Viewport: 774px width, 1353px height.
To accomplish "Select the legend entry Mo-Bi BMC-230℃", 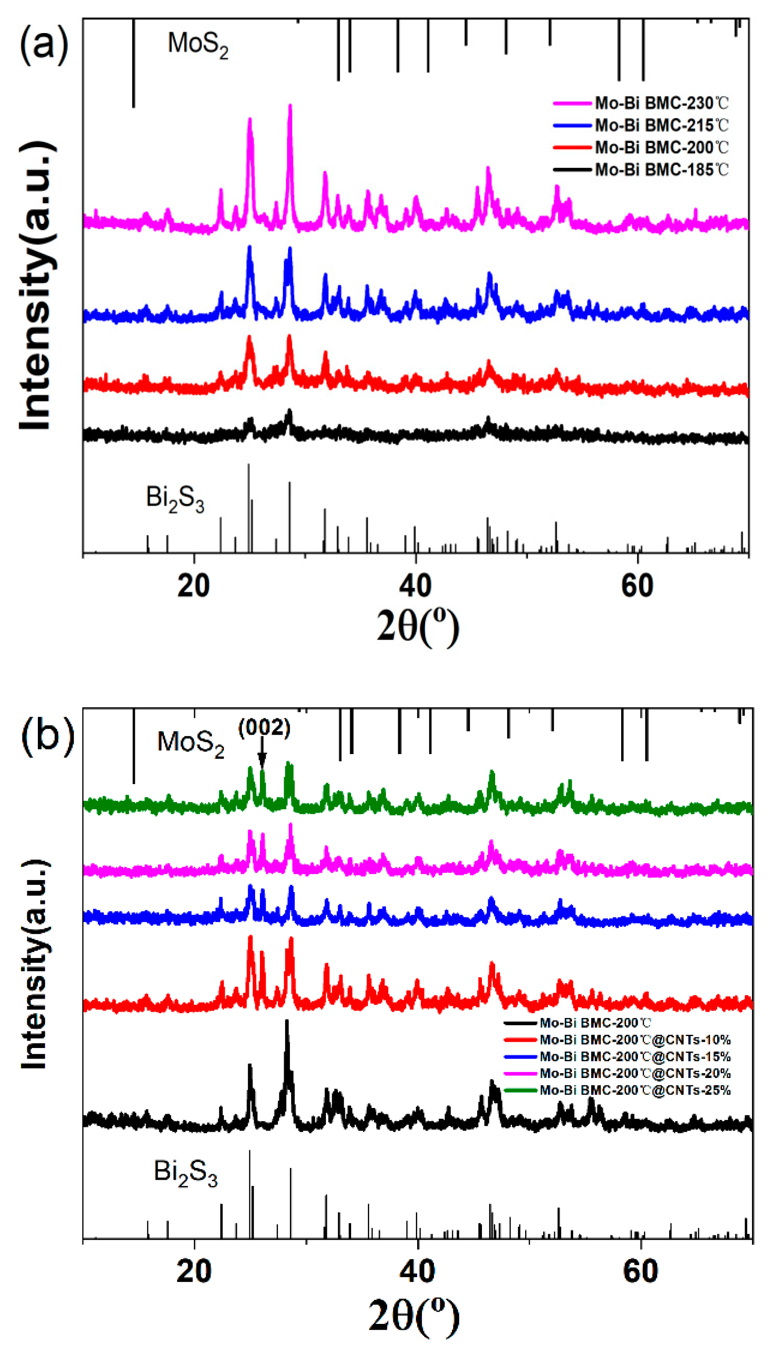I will point(661,103).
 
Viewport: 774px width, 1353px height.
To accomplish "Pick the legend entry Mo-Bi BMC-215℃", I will point(661,125).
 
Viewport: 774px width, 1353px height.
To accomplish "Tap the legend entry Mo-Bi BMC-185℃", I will point(661,170).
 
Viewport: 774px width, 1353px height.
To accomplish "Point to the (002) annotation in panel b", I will point(264,728).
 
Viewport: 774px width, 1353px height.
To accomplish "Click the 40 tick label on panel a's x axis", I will point(415,586).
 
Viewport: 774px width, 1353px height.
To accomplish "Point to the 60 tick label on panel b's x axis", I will point(641,1271).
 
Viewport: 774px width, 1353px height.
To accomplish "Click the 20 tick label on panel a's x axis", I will point(193,586).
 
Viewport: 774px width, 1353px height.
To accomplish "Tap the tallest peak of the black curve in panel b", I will point(287,1022).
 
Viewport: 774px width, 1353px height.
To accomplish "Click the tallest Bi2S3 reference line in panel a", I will point(248,508).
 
